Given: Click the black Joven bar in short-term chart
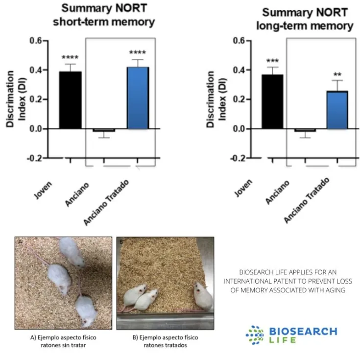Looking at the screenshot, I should tap(70, 100).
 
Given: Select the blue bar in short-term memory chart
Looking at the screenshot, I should tap(138, 98).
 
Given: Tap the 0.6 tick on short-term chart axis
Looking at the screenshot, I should tap(35, 41).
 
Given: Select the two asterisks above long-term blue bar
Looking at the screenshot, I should tap(337, 75).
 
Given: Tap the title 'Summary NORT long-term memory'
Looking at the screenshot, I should tap(305, 20).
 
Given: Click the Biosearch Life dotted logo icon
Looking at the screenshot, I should tap(255, 335).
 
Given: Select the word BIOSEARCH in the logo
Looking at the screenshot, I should tap(303, 332).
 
